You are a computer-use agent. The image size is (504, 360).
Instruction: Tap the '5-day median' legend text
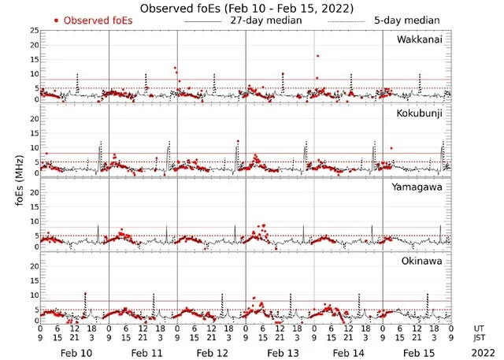click(x=407, y=20)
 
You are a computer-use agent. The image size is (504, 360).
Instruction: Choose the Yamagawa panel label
click(x=420, y=187)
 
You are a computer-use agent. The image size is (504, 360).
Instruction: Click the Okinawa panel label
click(x=424, y=260)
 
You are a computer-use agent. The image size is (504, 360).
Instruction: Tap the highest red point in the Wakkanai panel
click(x=317, y=56)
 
